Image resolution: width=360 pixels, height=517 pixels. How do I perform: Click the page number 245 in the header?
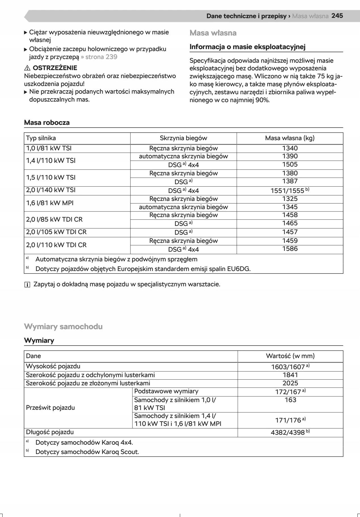coord(337,16)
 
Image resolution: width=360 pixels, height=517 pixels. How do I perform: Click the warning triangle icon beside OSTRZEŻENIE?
coord(27,68)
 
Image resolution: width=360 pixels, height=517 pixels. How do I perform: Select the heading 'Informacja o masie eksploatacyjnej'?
coord(247,47)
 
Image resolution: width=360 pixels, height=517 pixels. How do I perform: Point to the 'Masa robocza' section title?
coord(47,123)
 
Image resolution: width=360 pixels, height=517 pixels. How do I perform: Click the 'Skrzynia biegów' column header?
coord(183,138)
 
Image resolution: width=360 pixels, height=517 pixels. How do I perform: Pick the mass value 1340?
coord(290,148)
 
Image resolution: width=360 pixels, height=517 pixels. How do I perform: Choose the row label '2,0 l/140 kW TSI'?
coord(51,190)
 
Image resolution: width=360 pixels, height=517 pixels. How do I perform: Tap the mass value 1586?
coord(290,249)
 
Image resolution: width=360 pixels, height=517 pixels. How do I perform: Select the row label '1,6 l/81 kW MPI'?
coord(50,203)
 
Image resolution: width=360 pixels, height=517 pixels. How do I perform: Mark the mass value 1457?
coord(290,232)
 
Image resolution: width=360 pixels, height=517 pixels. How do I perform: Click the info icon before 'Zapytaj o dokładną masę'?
coord(27,285)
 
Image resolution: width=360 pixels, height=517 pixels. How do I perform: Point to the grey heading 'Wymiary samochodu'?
coord(63,327)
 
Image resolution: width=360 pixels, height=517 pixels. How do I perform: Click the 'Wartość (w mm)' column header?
coord(290,356)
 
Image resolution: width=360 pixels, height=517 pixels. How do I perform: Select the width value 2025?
coord(290,383)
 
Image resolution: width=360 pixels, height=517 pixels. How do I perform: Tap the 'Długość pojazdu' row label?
coord(50,432)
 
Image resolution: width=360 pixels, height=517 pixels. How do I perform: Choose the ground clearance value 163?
coord(290,400)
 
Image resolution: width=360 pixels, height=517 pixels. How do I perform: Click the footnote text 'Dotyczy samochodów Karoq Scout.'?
coord(87,452)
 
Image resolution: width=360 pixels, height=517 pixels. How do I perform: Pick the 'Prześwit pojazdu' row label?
coord(50,407)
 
